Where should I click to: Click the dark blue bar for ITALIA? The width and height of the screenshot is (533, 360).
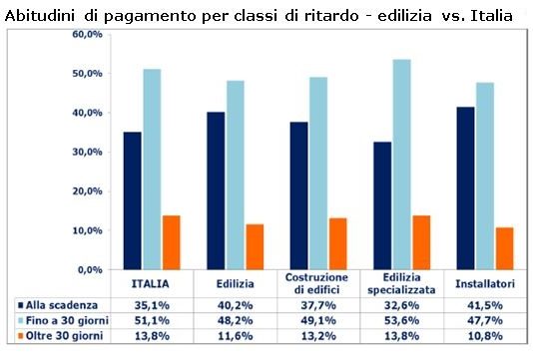(133, 200)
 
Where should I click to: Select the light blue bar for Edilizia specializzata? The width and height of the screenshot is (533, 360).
(402, 165)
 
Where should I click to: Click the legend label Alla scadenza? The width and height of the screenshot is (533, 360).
(61, 305)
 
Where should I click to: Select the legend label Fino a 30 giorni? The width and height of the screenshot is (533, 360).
(65, 321)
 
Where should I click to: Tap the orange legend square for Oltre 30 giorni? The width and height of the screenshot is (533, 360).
(20, 337)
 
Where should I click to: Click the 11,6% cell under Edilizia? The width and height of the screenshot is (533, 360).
(234, 337)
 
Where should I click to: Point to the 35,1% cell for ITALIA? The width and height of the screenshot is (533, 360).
(150, 305)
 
